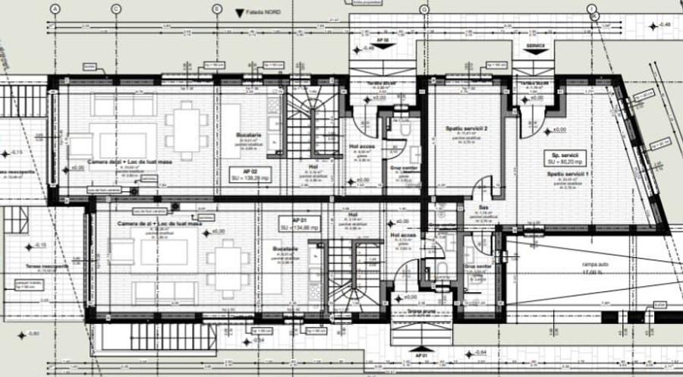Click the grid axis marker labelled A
click(55, 8)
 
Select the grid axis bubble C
click(115, 8)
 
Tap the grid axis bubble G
click(423, 8)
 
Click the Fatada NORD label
click(265, 13)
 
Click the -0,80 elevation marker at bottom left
click(32, 334)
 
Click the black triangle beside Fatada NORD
click(239, 13)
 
